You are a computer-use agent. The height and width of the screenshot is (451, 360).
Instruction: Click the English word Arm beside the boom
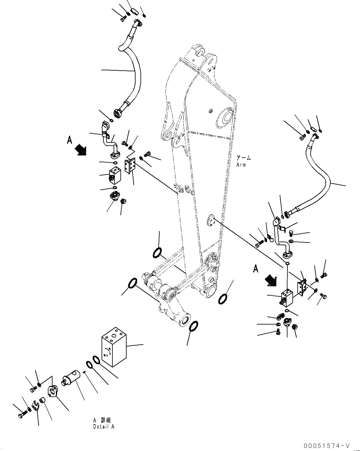(x=241, y=165)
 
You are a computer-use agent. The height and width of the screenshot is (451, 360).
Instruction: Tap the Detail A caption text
(x=103, y=427)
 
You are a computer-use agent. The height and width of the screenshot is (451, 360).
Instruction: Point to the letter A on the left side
(x=69, y=141)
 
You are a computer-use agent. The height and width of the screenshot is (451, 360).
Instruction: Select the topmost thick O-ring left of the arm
(x=157, y=253)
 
